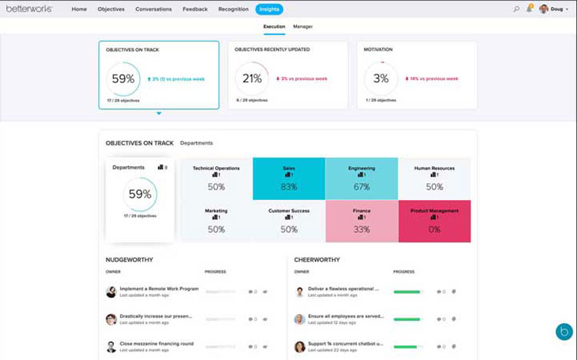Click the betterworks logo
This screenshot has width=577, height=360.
[29, 9]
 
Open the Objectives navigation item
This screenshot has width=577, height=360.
[111, 9]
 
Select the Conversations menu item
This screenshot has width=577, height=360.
[153, 9]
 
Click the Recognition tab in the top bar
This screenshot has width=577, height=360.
[233, 9]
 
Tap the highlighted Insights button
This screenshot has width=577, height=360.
[269, 9]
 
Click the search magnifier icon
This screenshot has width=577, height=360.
[516, 9]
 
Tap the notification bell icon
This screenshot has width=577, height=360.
[529, 9]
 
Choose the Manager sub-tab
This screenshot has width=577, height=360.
[303, 27]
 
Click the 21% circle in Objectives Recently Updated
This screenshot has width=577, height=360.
[252, 78]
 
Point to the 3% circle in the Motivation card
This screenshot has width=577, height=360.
[381, 78]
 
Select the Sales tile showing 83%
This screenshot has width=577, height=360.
[289, 179]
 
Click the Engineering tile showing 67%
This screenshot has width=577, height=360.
[362, 179]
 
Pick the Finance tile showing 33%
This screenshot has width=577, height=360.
[362, 221]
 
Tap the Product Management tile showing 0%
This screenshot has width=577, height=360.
[435, 221]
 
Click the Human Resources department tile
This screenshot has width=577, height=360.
[435, 179]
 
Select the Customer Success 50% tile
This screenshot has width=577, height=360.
[289, 221]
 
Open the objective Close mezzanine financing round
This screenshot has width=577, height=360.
[157, 343]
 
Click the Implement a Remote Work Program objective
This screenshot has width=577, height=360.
[158, 288]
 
